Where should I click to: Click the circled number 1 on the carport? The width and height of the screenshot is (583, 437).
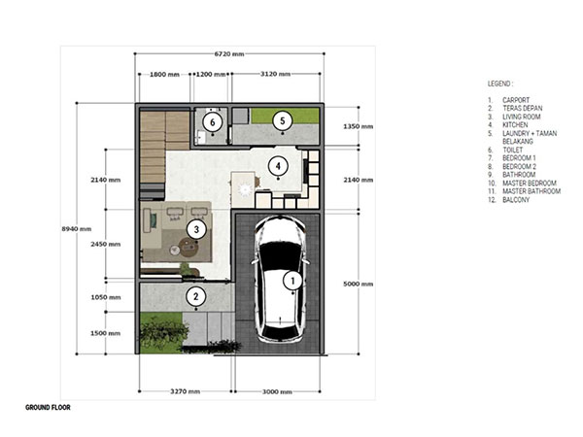click(x=292, y=281)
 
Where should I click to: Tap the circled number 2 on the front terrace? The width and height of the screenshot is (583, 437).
click(x=196, y=296)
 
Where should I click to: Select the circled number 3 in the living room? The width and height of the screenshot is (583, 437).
click(x=196, y=229)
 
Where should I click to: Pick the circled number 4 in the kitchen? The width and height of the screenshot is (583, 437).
click(x=278, y=166)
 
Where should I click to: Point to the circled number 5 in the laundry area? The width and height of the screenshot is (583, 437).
click(x=282, y=120)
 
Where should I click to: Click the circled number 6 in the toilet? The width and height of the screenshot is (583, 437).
click(x=212, y=122)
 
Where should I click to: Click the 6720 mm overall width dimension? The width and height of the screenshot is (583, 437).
click(x=229, y=53)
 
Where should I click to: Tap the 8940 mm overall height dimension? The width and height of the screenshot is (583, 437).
click(x=77, y=229)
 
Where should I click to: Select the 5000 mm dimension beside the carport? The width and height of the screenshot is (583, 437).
click(x=358, y=284)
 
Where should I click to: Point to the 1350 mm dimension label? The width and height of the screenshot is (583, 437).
click(x=358, y=126)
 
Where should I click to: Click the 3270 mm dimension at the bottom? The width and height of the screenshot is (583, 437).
click(x=186, y=391)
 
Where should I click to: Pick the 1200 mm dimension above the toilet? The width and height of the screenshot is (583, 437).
click(x=211, y=75)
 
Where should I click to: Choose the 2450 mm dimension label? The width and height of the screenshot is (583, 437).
click(x=106, y=244)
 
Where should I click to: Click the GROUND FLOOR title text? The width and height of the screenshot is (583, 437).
click(x=48, y=407)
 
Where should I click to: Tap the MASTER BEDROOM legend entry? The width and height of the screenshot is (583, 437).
click(x=530, y=183)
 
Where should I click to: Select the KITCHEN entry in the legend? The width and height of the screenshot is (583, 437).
click(x=515, y=125)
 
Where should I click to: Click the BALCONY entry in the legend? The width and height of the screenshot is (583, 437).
click(x=516, y=199)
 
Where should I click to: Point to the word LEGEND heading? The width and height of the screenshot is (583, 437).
click(x=500, y=84)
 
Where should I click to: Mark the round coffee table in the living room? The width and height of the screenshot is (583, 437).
click(x=189, y=247)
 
